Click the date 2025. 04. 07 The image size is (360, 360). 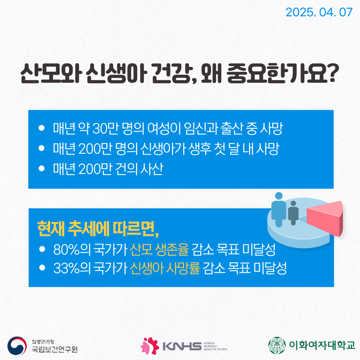click(x=319, y=12)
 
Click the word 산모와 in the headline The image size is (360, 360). click(x=51, y=73)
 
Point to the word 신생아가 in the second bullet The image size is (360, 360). click(x=163, y=149)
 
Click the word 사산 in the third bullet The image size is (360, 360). click(x=152, y=169)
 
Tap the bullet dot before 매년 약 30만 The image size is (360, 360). click(x=42, y=128)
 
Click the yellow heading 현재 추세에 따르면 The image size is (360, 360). click(x=98, y=229)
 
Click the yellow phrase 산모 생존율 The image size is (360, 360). click(x=159, y=249)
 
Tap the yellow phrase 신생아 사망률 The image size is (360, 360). click(x=165, y=268)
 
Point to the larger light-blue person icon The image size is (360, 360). click(x=279, y=210)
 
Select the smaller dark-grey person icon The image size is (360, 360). click(x=293, y=213)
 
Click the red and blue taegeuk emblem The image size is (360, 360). click(x=17, y=346)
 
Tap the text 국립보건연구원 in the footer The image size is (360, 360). click(x=55, y=349)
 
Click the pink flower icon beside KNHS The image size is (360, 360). click(x=150, y=346)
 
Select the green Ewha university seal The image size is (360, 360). click(x=277, y=345)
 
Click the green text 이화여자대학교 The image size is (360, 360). click(x=322, y=345)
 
